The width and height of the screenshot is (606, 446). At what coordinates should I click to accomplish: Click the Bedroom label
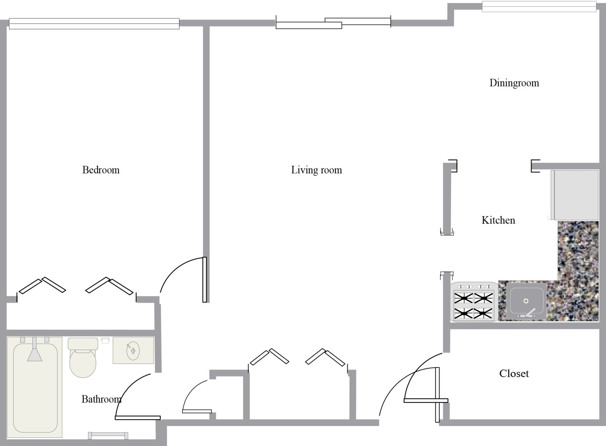[x=101, y=170]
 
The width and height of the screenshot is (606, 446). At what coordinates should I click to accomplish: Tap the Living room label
[x=317, y=170]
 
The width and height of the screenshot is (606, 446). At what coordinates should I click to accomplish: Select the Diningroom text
[x=514, y=83]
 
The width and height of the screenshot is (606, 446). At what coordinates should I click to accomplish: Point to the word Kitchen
[x=498, y=220]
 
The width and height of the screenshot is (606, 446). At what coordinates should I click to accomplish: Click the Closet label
[x=514, y=374]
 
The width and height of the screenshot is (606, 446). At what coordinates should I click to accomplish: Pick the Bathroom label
[x=102, y=399]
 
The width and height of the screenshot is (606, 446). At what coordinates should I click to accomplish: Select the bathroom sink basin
[x=133, y=350]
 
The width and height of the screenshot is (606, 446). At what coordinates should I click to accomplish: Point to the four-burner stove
[x=474, y=302]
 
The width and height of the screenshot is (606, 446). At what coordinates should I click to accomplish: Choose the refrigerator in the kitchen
[x=574, y=195]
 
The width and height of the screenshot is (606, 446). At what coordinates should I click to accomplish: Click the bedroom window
[x=94, y=24]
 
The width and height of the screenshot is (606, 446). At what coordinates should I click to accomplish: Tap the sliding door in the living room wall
[x=333, y=23]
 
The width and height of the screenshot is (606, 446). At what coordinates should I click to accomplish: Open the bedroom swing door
[x=205, y=280]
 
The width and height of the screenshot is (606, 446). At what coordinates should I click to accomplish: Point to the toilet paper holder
[x=105, y=340]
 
